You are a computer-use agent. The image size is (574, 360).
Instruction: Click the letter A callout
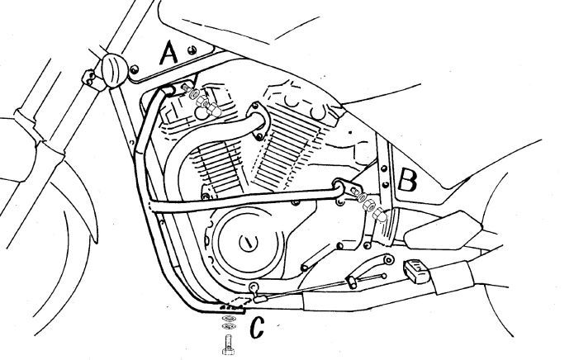(168, 53)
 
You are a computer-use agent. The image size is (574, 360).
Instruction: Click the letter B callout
(406, 179)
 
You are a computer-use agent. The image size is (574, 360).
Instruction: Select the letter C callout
(257, 327)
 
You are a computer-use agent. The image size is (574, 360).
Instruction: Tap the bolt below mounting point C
(228, 344)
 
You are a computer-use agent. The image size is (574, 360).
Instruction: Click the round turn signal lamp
(115, 70)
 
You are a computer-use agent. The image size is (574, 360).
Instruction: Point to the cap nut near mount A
(214, 109)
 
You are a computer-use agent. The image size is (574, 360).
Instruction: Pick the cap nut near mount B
(381, 216)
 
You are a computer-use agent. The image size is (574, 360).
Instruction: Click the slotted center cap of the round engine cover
(249, 242)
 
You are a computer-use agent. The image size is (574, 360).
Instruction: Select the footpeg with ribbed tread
(416, 271)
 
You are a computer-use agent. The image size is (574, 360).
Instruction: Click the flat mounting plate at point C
(230, 308)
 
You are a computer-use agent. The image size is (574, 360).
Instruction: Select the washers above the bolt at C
(229, 321)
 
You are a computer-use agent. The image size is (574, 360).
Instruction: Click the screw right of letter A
(190, 50)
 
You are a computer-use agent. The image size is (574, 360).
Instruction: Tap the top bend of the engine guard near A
(165, 90)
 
